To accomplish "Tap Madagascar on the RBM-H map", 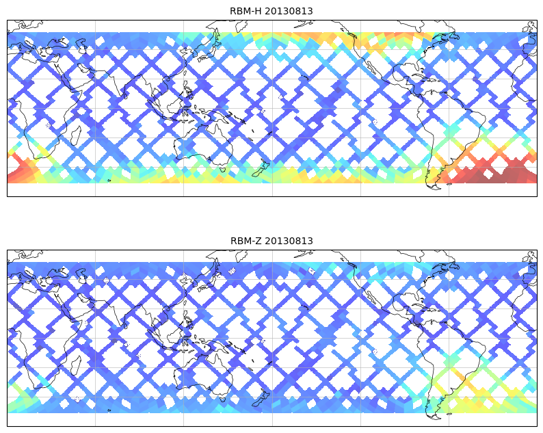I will [76, 137].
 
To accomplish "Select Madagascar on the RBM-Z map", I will [76, 367].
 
